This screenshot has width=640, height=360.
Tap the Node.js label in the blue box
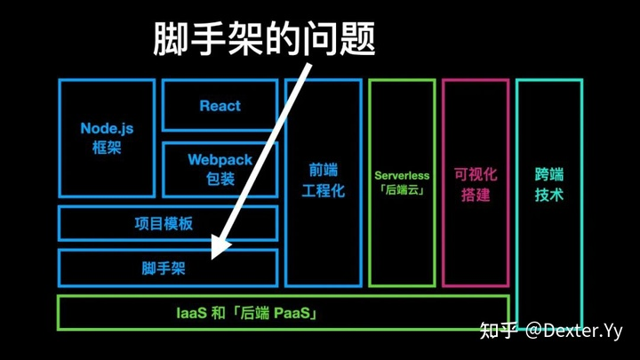107,129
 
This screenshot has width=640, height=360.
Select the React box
220,106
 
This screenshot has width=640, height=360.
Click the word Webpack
220,160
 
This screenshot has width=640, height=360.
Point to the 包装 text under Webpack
220,179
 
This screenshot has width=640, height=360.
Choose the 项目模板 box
168,223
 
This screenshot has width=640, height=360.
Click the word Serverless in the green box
402,176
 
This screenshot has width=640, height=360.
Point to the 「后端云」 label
402,192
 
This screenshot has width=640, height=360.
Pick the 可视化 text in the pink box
476,174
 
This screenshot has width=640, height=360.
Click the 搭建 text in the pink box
476,194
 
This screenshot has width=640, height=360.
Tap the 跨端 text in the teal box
549,174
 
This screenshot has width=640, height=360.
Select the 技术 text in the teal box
549,195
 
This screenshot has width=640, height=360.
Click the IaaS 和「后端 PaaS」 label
247,313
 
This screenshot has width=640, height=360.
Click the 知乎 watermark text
499,332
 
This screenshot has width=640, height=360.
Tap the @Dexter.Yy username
575,332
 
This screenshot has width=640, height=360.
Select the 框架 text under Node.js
107,148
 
